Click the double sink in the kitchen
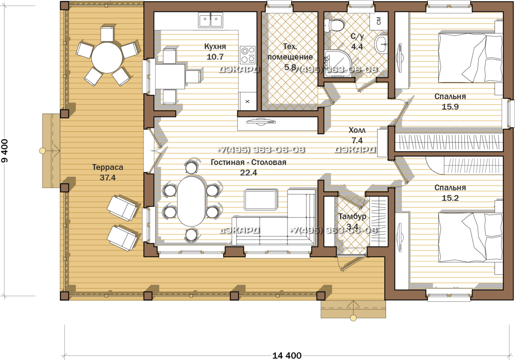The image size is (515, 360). click(x=211, y=21)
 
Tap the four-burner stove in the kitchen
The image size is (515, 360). click(x=248, y=55)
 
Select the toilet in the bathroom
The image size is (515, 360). click(x=334, y=25)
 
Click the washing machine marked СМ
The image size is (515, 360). click(x=379, y=21)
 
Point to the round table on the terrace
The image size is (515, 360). click(x=107, y=57)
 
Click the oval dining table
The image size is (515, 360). click(x=191, y=201)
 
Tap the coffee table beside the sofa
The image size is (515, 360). click(x=261, y=200)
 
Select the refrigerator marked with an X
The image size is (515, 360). click(x=247, y=101)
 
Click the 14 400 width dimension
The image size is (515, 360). click(x=287, y=355)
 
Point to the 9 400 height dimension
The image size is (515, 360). click(x=4, y=151)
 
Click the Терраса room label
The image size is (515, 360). click(x=108, y=167)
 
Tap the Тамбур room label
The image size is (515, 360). click(x=352, y=217)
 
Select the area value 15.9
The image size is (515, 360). click(x=450, y=107)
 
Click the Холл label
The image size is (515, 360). click(x=357, y=130)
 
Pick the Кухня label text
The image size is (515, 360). click(x=215, y=47)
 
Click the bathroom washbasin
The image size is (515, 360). click(x=381, y=44)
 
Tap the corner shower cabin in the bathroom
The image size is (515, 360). click(x=338, y=64)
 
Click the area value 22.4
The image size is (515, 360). click(x=248, y=172)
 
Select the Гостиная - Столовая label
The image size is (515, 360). click(x=248, y=162)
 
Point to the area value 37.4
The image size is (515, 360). click(x=108, y=178)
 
